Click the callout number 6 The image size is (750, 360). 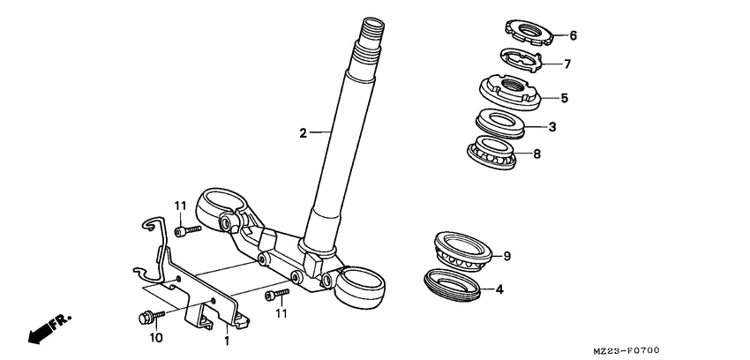pyautogui.click(x=573, y=35)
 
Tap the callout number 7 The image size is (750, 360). pyautogui.click(x=566, y=64)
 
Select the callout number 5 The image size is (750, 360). pyautogui.click(x=565, y=99)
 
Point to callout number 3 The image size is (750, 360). pyautogui.click(x=552, y=127)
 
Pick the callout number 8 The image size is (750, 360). pyautogui.click(x=536, y=154)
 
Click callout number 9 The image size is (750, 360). pyautogui.click(x=507, y=256)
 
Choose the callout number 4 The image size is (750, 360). pyautogui.click(x=499, y=289)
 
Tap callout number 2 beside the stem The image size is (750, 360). pyautogui.click(x=303, y=133)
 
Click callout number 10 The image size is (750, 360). pyautogui.click(x=156, y=338)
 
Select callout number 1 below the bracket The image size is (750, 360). pyautogui.click(x=227, y=341)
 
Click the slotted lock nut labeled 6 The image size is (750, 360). pyautogui.click(x=529, y=33)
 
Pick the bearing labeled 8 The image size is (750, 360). pyautogui.click(x=491, y=152)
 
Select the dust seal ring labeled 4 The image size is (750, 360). pyautogui.click(x=453, y=285)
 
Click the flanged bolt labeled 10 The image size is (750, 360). pyautogui.click(x=151, y=317)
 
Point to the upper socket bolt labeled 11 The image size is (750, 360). pyautogui.click(x=188, y=230)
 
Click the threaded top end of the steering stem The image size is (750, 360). pyautogui.click(x=372, y=30)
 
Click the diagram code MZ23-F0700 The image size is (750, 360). pyautogui.click(x=626, y=351)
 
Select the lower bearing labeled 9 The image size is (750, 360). pyautogui.click(x=463, y=251)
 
